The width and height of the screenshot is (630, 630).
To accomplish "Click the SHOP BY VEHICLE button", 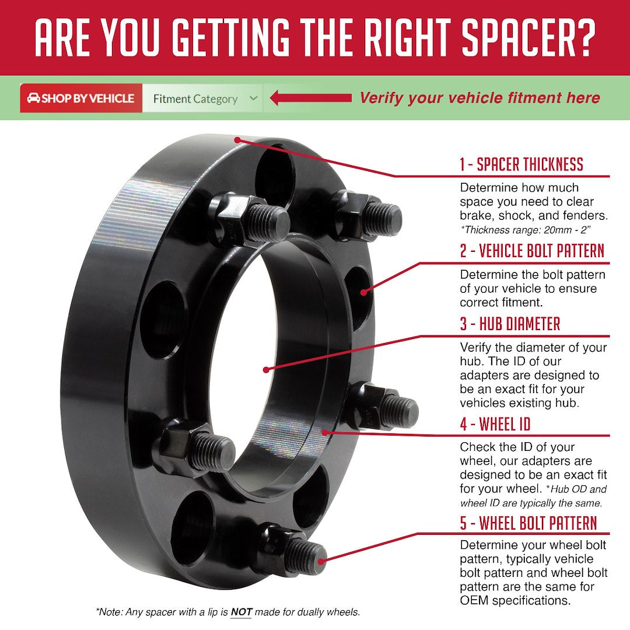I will tap(80, 99).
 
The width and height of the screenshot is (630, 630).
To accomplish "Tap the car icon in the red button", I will tap(33, 98).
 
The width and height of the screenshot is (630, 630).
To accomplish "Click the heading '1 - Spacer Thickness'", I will tap(521, 164).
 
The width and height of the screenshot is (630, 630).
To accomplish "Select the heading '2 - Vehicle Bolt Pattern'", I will tap(531, 251).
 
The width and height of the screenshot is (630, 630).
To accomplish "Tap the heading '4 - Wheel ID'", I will tap(495, 424).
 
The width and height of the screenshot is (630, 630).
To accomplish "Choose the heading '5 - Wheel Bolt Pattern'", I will tap(528, 523).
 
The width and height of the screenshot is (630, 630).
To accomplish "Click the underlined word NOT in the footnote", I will tap(241, 612).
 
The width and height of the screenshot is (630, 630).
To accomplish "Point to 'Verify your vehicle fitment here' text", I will tap(479, 98).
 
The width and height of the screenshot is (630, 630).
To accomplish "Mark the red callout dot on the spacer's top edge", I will tap(237, 139).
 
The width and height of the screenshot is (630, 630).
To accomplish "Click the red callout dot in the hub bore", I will tap(265, 369).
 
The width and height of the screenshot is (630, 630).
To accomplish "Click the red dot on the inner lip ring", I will tap(325, 432).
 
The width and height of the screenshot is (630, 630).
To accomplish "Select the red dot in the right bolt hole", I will tap(365, 291).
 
